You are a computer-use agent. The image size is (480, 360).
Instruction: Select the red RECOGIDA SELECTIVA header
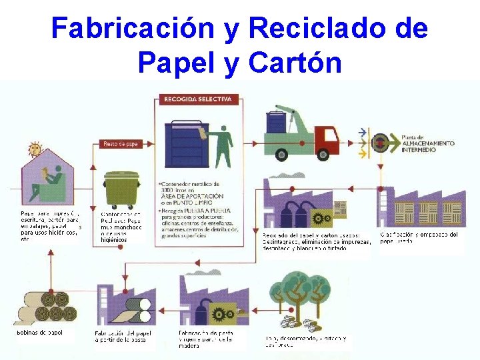(198, 99)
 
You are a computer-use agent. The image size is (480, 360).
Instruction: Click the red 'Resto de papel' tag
(119, 143)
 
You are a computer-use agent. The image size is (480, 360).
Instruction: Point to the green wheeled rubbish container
(121, 189)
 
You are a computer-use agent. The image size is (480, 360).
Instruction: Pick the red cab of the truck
(327, 139)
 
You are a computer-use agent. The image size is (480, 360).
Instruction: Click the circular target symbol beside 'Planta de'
(381, 142)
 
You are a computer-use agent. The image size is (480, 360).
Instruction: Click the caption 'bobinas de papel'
(39, 333)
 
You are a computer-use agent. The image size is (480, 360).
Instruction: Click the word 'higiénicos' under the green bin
(114, 239)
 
